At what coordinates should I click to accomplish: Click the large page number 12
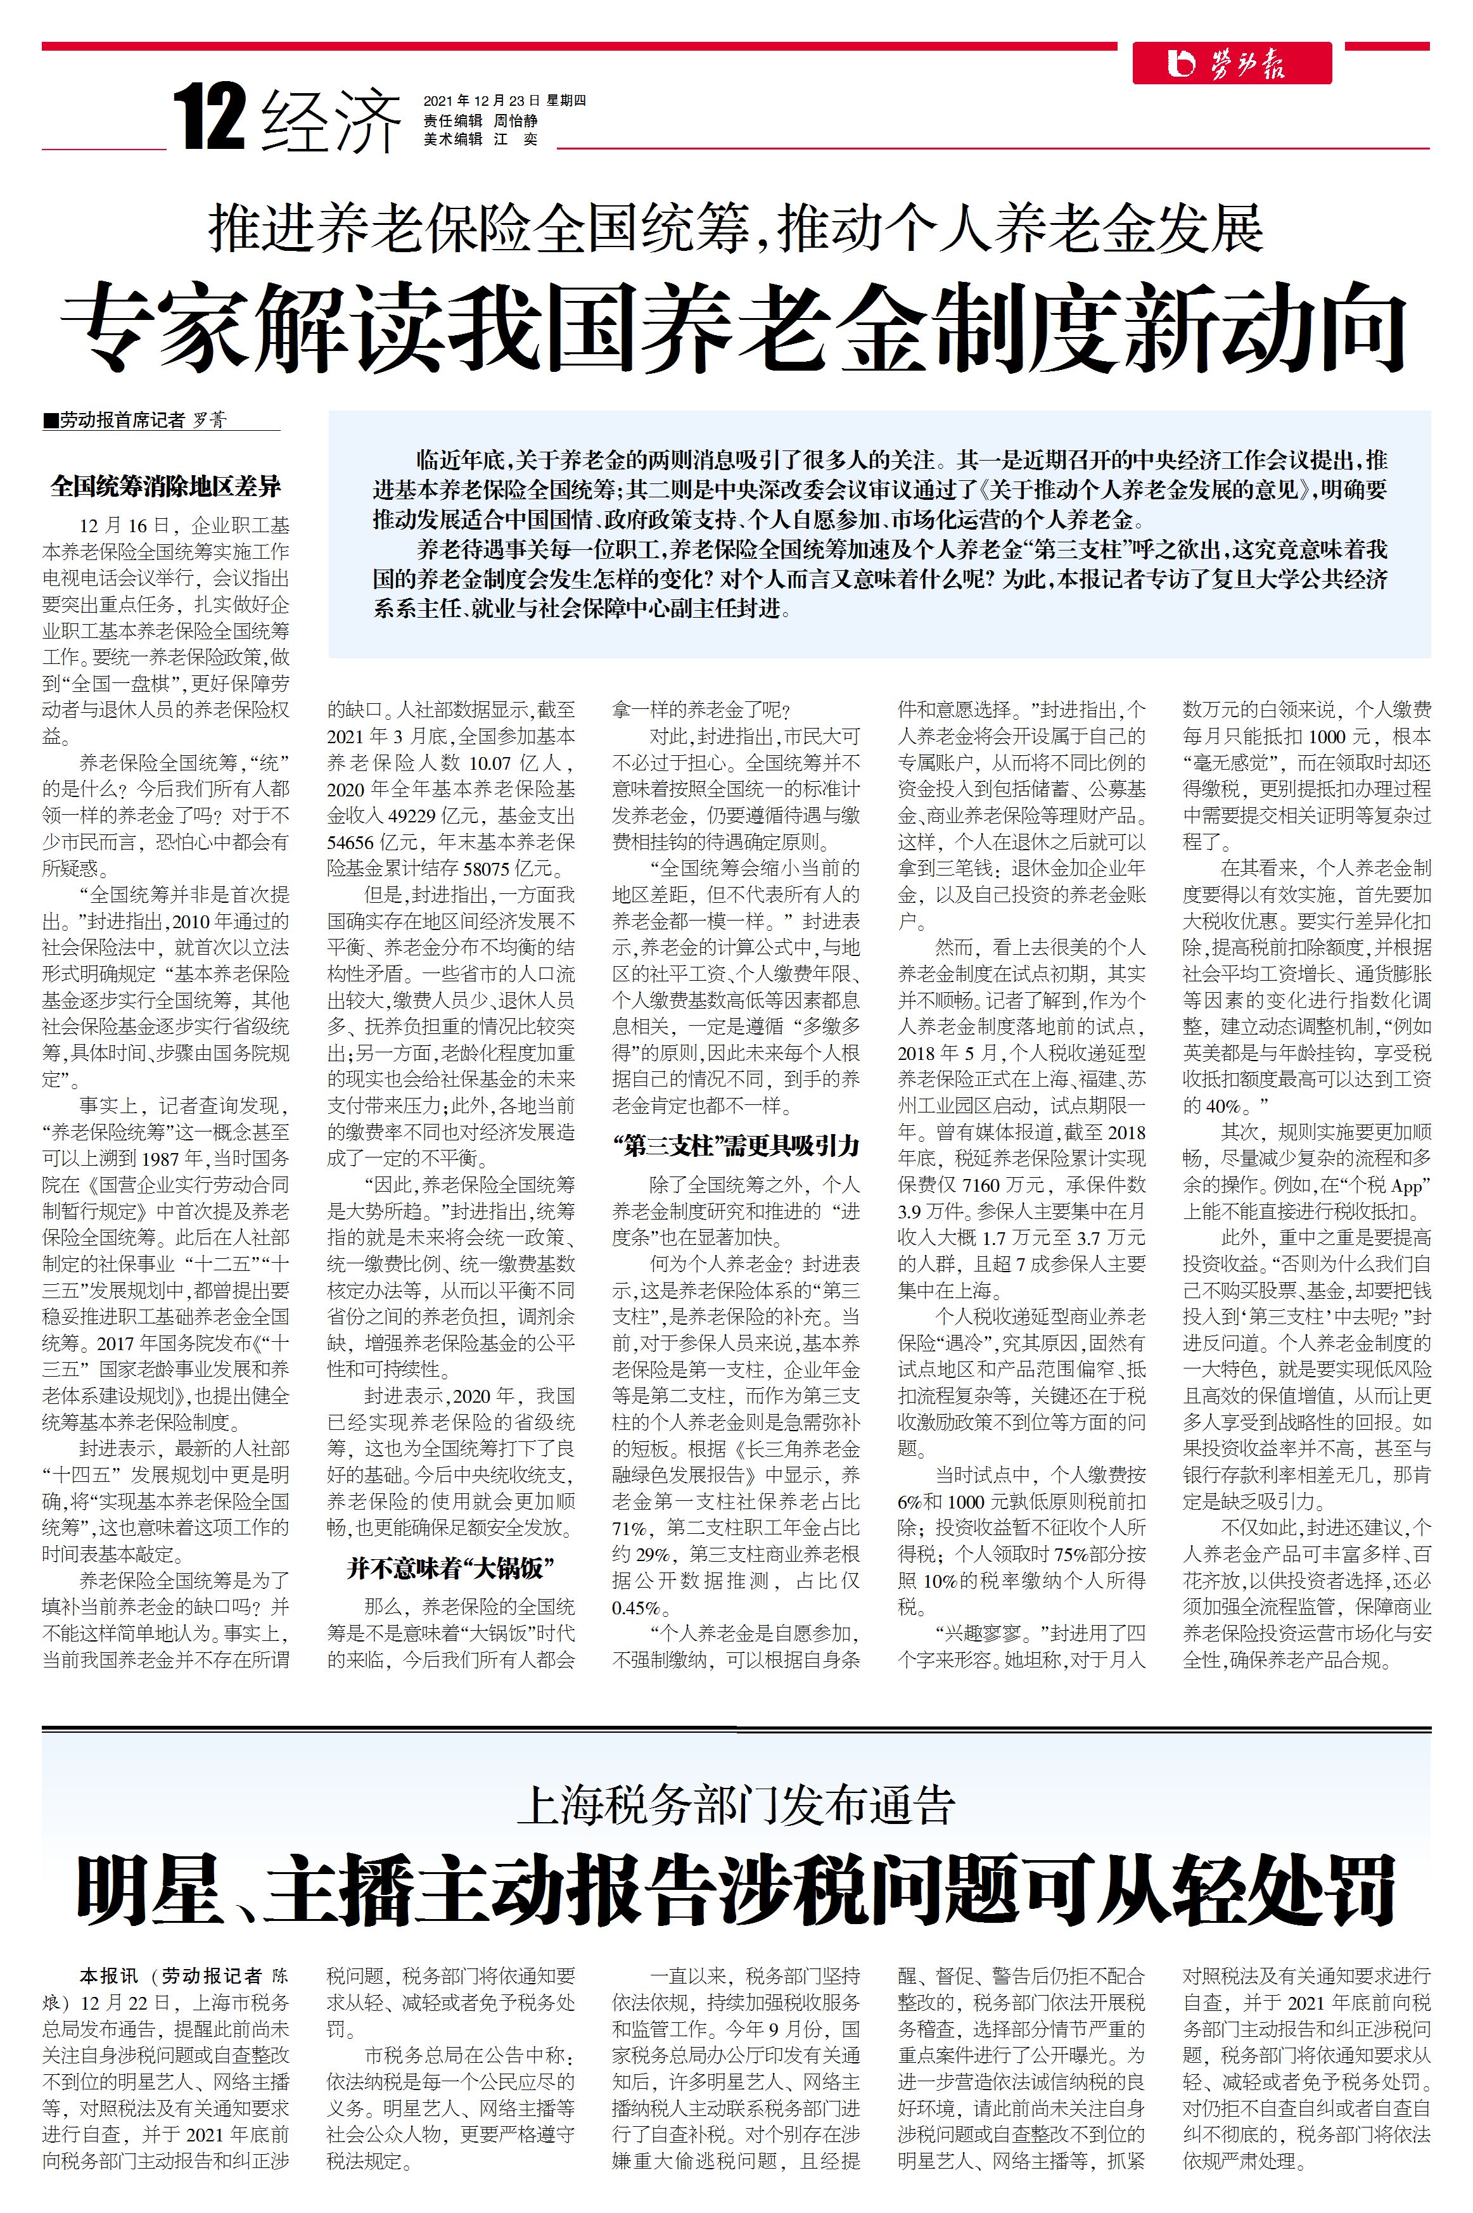[x=210, y=117]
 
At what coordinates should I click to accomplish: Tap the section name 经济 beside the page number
[x=331, y=120]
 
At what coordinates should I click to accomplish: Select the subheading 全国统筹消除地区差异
[x=165, y=487]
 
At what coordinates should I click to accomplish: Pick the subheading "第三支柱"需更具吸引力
[x=736, y=1145]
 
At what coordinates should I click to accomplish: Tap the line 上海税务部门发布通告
[x=735, y=1802]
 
